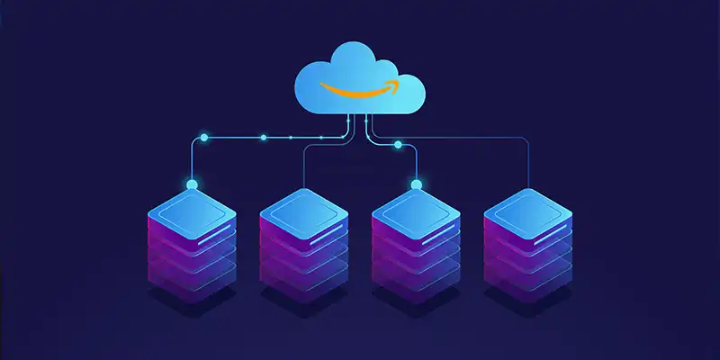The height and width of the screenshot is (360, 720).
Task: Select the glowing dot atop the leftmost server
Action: point(191,185)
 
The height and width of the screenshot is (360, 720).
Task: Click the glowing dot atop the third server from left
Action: point(416,185)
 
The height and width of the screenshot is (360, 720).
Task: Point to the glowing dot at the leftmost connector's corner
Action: point(204,138)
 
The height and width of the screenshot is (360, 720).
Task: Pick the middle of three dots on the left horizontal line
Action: point(263,138)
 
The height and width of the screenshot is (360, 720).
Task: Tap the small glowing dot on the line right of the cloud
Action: point(398,144)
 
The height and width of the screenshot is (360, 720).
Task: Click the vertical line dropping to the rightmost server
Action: point(528,166)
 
